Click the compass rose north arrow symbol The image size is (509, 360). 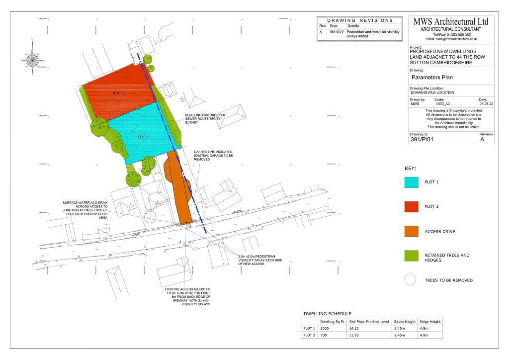click(x=33, y=59)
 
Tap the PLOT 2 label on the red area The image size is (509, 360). click(x=118, y=93)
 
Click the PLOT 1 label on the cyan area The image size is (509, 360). click(x=142, y=137)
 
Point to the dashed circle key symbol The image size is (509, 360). click(x=410, y=280)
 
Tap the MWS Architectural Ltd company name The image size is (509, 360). click(x=451, y=22)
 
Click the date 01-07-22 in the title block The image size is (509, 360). click(x=487, y=104)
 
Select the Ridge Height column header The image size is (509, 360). click(x=430, y=321)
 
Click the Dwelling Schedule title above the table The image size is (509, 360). click(x=328, y=314)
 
